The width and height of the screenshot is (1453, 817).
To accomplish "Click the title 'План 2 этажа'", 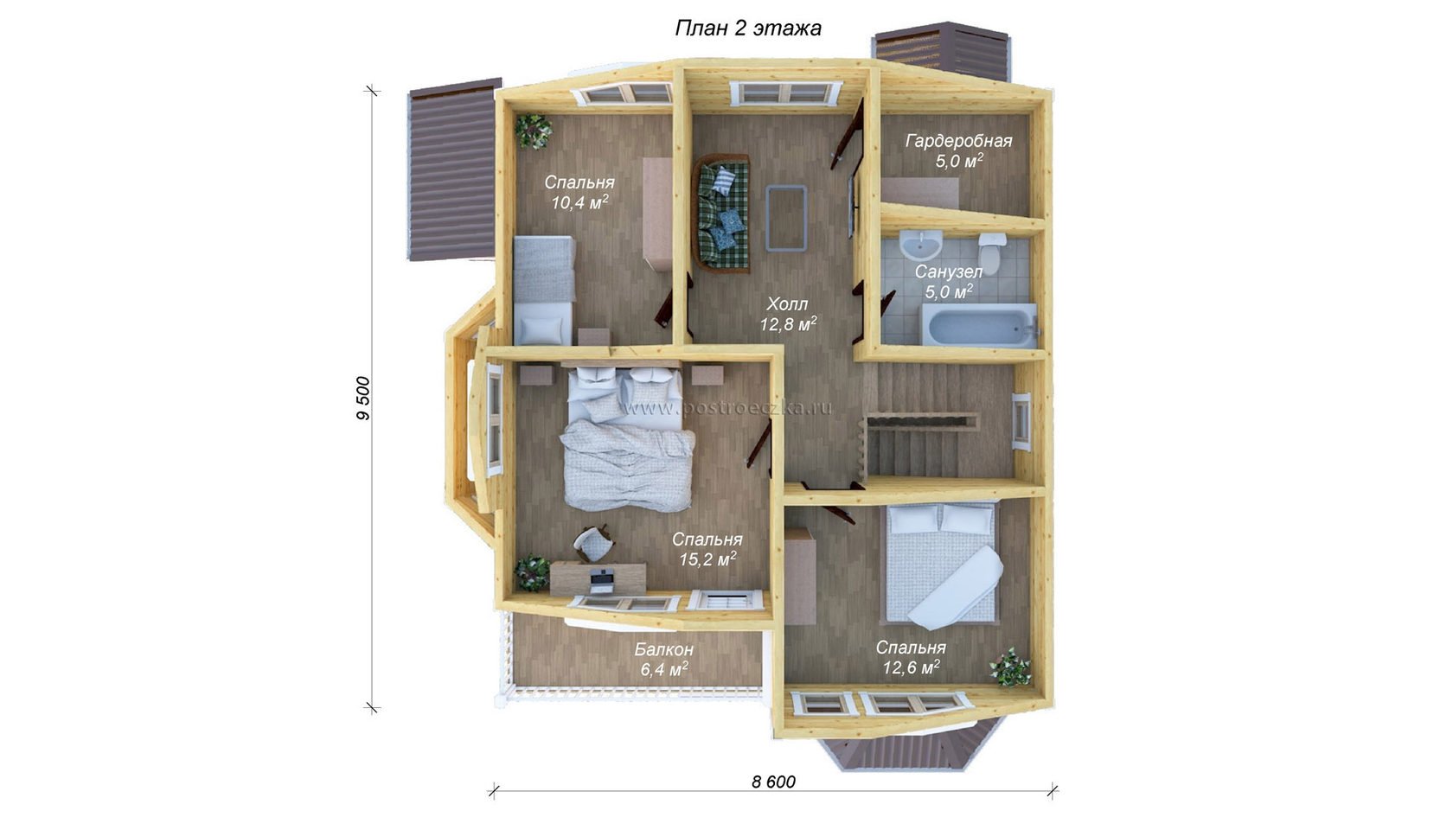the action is [x=748, y=29].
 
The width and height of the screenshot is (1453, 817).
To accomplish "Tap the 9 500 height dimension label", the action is [x=363, y=398].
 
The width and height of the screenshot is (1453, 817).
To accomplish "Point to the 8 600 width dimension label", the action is [x=773, y=782].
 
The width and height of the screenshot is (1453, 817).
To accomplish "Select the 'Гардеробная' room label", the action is [x=958, y=142].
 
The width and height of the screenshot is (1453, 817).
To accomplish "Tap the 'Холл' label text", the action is [x=787, y=303].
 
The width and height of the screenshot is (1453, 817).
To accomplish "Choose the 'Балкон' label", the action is [x=663, y=649].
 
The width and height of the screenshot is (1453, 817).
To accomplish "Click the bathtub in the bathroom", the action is [x=979, y=325].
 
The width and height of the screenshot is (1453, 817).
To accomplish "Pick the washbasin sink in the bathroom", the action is [x=921, y=246].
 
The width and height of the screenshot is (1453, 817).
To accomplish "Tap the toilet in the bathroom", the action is [x=992, y=246].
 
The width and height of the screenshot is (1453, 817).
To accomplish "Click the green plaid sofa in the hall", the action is [x=721, y=213].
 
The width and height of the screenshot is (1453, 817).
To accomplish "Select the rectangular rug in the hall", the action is [x=786, y=218].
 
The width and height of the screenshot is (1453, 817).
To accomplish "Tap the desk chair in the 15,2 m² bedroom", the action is [x=139, y=543].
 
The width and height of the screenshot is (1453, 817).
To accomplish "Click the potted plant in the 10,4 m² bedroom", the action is [x=533, y=131].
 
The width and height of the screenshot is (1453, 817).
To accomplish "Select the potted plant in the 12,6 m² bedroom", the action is [x=1010, y=667].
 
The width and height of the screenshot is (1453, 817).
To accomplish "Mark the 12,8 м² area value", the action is [x=788, y=323].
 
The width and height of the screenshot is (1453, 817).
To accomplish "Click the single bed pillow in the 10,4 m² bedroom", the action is [x=540, y=330].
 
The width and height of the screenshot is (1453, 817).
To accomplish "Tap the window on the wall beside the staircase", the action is [x=1021, y=422].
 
